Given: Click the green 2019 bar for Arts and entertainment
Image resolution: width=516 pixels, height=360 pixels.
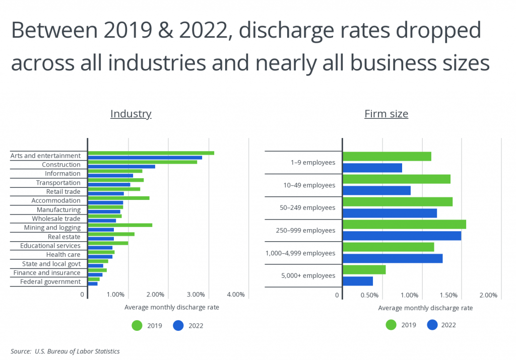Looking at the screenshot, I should [151, 153].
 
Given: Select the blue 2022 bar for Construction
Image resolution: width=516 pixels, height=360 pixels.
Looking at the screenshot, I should [121, 166].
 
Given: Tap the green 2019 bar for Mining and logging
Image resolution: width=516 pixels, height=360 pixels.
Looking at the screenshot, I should [120, 225].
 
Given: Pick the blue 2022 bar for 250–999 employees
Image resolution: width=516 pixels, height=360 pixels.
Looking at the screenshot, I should [402, 236].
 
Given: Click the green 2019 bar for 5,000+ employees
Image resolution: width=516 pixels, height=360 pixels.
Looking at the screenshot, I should [364, 270].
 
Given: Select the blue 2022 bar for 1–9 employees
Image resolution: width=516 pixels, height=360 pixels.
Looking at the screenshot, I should [372, 168].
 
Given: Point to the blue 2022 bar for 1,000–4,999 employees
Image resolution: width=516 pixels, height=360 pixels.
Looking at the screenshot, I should [393, 258].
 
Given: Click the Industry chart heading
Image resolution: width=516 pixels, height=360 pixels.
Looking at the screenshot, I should [131, 114].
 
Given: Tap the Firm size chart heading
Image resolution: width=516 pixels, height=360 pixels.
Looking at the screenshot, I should [386, 114].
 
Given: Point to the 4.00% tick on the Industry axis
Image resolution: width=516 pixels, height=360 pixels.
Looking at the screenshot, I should [235, 295].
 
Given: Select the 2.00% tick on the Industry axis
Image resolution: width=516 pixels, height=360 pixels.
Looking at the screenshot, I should [155, 295].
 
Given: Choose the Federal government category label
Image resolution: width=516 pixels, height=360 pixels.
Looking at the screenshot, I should [50, 281].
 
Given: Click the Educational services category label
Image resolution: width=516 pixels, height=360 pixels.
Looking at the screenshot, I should [50, 246].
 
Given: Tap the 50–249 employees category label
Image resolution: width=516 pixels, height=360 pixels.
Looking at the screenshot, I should [307, 207].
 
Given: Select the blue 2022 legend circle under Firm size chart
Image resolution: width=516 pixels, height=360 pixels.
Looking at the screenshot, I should [432, 325].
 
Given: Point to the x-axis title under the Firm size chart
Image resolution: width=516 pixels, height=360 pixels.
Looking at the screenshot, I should [425, 308].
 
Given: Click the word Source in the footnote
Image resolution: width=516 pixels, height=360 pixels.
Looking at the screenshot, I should [20, 351].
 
